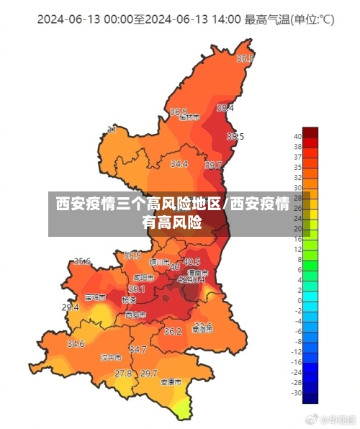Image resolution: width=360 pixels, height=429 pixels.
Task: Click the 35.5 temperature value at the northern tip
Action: coord(246,59)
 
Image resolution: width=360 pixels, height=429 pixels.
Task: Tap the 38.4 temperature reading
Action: coord(225,108)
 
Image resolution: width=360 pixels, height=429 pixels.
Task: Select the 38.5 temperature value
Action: coord(235,136)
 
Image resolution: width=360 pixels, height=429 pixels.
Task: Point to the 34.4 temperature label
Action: coord(179,164)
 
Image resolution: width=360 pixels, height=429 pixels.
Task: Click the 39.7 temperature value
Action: coord(213,166)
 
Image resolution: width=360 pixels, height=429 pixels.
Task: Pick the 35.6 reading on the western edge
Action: coord(82,261)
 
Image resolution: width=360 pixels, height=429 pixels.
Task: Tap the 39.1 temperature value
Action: coord(137,289)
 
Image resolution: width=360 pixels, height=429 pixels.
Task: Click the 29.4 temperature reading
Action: coord(70,307)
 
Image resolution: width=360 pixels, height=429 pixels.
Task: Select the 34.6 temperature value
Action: coord(76,344)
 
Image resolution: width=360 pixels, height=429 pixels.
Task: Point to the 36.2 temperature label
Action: coord(173,332)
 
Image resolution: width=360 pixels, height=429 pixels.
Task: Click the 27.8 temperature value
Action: coord(123,374)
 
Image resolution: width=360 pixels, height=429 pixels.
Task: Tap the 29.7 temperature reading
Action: coord(148,374)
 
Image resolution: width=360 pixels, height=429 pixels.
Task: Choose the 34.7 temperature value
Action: coord(138,349)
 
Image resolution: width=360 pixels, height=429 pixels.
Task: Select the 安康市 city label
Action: coord(171,381)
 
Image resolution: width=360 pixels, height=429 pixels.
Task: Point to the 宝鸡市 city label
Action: coord(94,297)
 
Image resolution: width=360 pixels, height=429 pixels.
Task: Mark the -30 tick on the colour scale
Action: coord(297,393)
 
